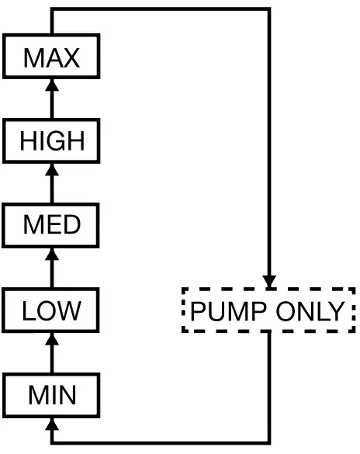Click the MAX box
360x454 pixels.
51,57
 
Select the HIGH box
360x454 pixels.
51,141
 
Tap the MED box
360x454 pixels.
51,225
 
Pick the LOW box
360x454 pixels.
51,310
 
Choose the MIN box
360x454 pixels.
51,395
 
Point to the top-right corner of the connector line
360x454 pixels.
269,9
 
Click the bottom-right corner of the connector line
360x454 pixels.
269,443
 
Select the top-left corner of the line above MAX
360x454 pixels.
51,9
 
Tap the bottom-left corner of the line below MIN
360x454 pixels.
51,443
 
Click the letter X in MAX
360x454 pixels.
71,57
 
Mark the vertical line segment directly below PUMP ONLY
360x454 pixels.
269,388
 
